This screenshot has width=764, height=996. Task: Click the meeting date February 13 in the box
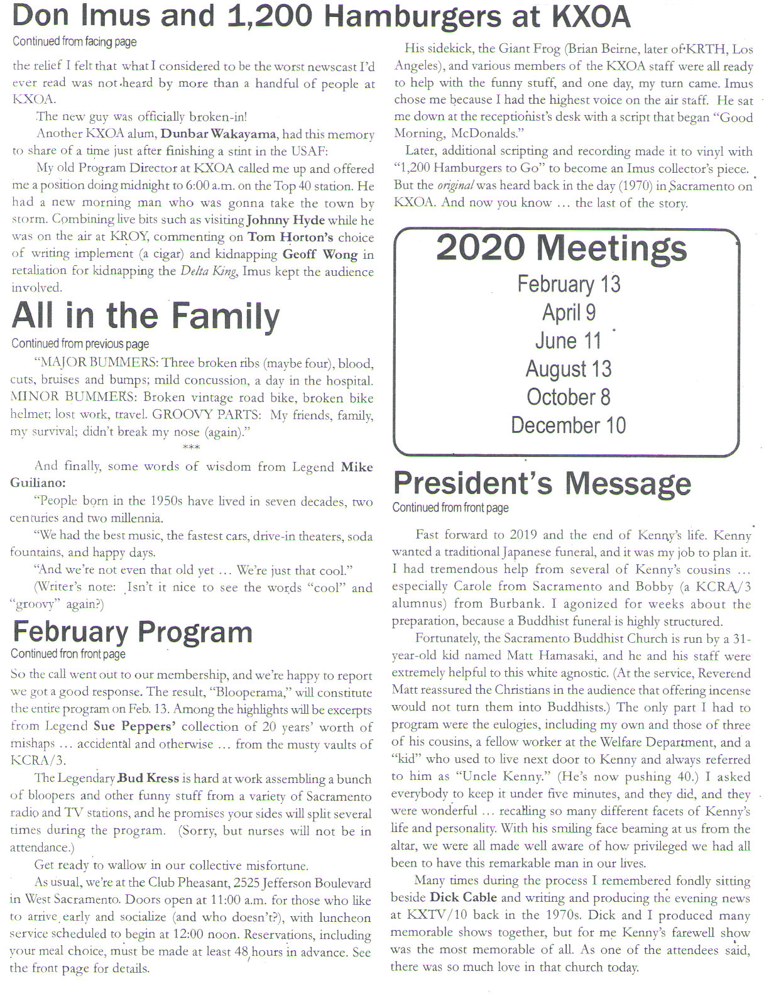coord(568,284)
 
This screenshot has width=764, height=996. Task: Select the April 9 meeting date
coord(569,312)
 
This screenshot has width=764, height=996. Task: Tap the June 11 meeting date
coord(568,341)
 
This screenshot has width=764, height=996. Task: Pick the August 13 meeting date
coord(568,369)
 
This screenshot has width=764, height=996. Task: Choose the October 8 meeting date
coord(568,397)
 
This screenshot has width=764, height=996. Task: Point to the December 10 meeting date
coord(568,425)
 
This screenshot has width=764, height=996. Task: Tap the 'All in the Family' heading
coord(145,316)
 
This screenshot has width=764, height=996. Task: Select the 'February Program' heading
coord(132,632)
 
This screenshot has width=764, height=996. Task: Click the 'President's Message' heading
coord(542,484)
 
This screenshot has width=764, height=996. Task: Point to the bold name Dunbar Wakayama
coord(218,134)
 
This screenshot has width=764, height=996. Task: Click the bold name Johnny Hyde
coord(285,220)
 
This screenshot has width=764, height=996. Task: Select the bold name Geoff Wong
coord(320,254)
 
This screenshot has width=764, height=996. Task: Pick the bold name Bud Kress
coord(148,779)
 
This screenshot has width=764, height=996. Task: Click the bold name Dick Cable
coord(463,897)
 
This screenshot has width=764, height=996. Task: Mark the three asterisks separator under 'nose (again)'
coord(190,448)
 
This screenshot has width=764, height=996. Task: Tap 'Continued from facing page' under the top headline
coord(74,42)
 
